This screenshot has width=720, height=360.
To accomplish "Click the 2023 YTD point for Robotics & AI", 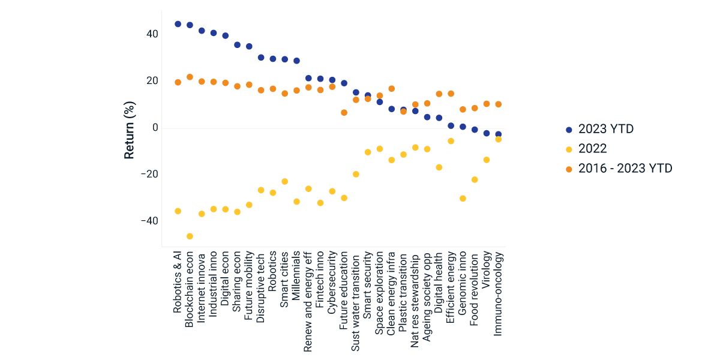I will click(178, 24).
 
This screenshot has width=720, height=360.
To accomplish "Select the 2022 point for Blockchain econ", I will click(190, 236).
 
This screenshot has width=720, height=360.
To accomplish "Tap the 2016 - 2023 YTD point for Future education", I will click(344, 113).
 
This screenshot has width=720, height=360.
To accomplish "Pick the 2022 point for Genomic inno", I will click(463, 199).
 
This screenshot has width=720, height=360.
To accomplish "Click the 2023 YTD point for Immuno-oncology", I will click(498, 134).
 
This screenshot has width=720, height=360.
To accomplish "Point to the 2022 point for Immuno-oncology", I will click(498, 139).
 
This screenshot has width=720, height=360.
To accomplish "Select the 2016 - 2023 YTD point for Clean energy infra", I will click(392, 89).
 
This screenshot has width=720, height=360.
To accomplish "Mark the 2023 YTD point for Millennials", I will click(296, 61).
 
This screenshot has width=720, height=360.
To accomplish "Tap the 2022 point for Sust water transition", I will click(356, 174).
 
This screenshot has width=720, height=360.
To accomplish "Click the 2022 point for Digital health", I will click(439, 167).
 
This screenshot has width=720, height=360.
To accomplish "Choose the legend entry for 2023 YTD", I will click(606, 129).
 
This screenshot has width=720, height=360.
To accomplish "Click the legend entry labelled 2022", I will click(592, 149).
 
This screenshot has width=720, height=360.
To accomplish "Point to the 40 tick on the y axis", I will click(151, 34).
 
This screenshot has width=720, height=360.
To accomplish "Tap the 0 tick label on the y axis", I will click(155, 128).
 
